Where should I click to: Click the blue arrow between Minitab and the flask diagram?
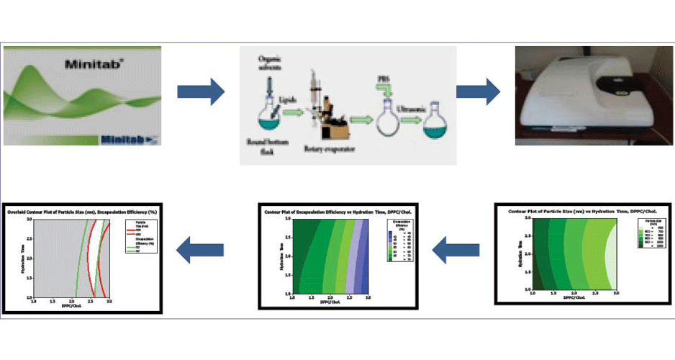[201, 91]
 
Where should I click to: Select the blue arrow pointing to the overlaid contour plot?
[201, 249]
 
